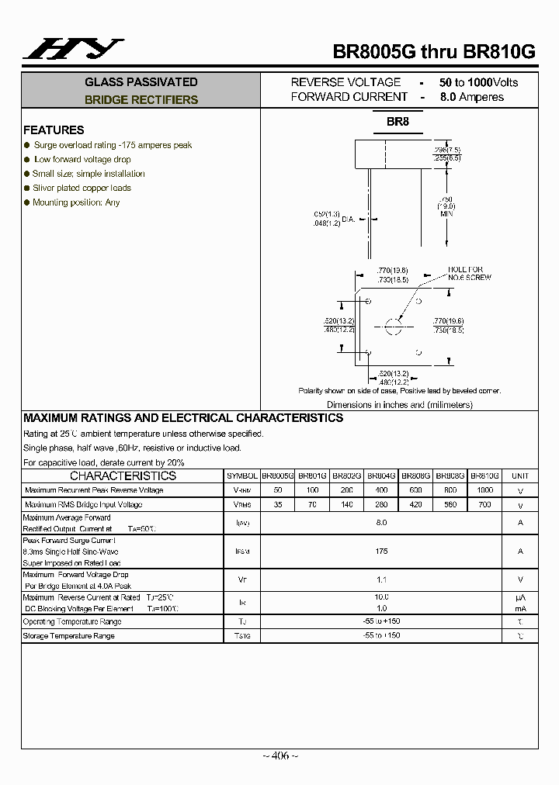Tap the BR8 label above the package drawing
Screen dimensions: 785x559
pos(398,122)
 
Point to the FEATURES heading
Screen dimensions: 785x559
pos(54,130)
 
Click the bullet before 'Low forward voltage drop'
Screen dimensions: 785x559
pos(27,159)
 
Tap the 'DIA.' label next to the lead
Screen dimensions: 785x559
pos(347,220)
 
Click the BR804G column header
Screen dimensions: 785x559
pos(381,475)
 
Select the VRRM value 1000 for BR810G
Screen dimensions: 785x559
pos(484,490)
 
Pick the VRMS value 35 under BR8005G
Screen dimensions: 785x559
pos(277,505)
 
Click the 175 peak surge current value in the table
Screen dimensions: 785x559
pos(381,551)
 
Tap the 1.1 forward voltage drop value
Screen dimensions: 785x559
pos(381,579)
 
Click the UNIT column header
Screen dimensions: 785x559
pos(520,475)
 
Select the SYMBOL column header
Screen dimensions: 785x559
pos(241,475)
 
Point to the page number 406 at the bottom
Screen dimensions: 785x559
pos(279,756)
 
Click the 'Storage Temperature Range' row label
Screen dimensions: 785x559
pos(69,636)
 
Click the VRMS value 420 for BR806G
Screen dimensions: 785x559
pos(415,505)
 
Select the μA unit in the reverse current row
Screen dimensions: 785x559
pos(520,597)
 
